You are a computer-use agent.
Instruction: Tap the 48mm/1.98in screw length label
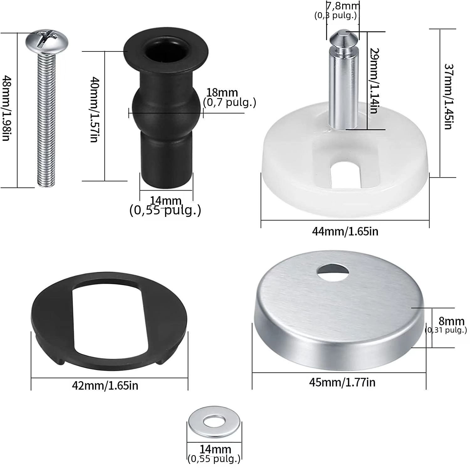point(7,108)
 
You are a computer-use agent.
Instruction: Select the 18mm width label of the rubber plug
point(222,93)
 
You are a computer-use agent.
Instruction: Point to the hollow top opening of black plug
point(166,50)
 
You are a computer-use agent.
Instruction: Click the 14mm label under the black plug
point(166,201)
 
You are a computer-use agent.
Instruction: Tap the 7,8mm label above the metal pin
point(343,6)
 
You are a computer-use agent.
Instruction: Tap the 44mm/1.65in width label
point(345,232)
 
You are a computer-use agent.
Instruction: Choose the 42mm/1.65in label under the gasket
point(105,385)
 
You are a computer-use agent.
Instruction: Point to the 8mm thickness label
point(451,321)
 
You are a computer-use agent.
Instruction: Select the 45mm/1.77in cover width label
point(342,382)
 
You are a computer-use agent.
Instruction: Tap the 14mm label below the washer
point(215,449)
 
